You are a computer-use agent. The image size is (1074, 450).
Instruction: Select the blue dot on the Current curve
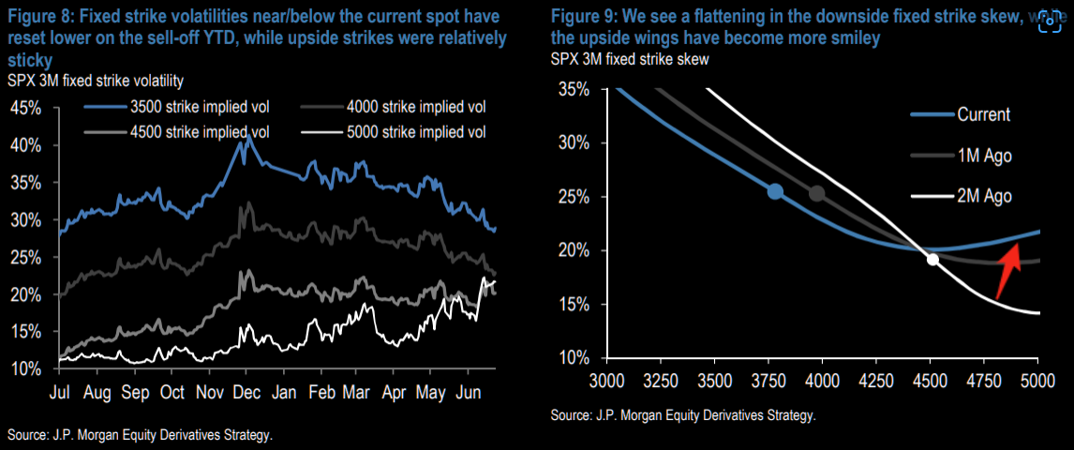coord(775,191)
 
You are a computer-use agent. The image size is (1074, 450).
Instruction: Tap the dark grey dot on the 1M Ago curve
coord(816,194)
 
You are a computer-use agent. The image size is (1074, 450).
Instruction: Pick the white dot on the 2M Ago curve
coord(932,260)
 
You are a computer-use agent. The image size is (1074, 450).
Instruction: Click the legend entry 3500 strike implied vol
coord(177,107)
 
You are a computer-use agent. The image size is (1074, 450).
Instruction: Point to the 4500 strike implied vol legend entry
coord(177,131)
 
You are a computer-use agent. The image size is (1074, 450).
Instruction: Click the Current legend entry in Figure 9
coord(983,115)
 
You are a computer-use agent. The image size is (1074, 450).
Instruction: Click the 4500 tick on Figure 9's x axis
coord(931,382)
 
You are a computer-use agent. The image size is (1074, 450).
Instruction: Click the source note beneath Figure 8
coord(141,435)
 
